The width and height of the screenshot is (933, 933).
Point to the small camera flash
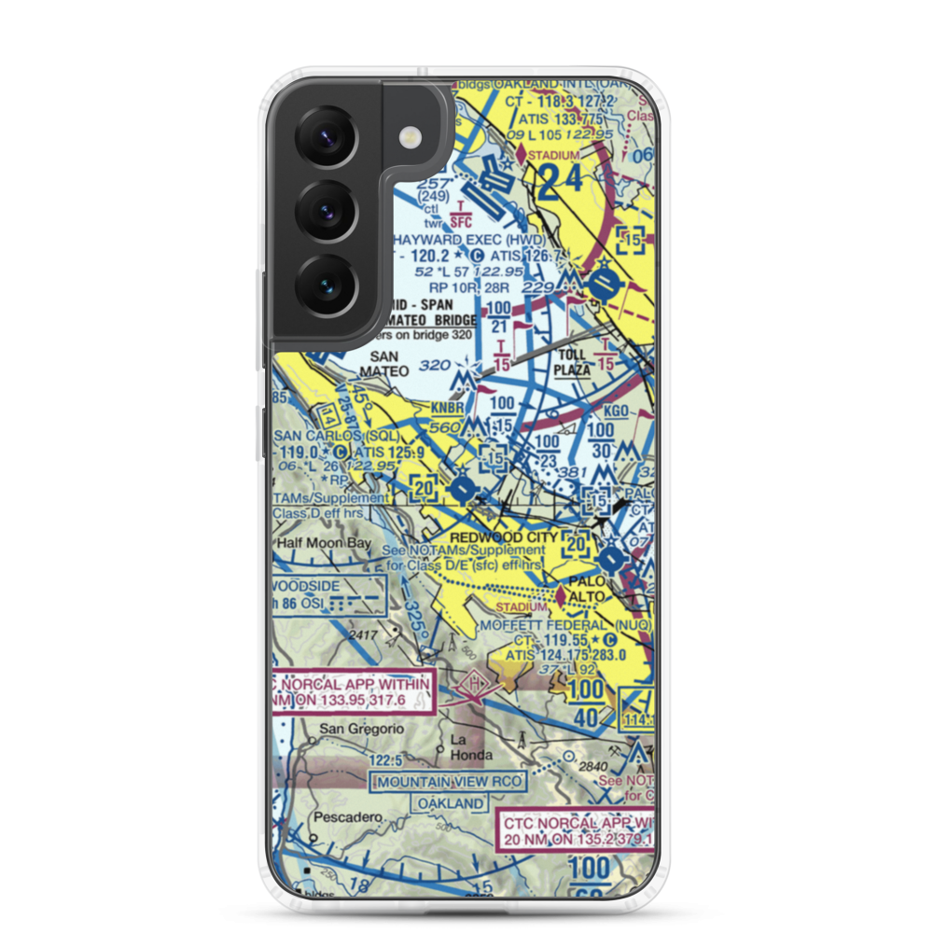[409, 137]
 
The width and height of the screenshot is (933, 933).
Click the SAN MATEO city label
[389, 364]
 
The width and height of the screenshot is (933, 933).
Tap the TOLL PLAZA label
[573, 362]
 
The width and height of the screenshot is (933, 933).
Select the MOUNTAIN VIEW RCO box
[448, 781]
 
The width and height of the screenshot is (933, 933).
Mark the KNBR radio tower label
[447, 408]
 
